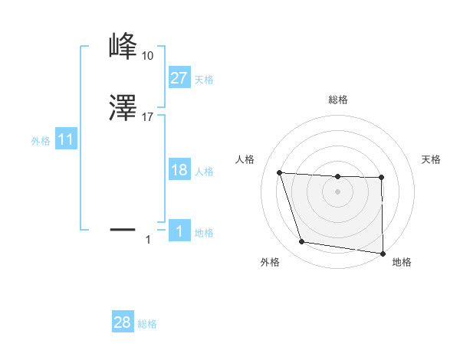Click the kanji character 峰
click(x=124, y=47)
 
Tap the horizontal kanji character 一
click(x=124, y=228)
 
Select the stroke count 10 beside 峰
click(x=147, y=56)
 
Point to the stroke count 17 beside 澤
click(x=147, y=117)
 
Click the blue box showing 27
click(x=179, y=77)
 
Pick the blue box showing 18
click(x=179, y=170)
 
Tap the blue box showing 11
click(x=66, y=139)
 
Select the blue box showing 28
click(x=123, y=322)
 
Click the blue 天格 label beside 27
click(x=204, y=79)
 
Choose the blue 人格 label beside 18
click(x=204, y=172)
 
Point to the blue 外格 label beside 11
click(x=41, y=141)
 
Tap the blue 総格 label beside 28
click(x=147, y=324)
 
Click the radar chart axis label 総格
click(x=338, y=100)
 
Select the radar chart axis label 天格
click(x=432, y=159)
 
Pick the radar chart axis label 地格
click(x=402, y=262)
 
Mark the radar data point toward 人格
click(x=280, y=172)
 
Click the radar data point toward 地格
click(x=383, y=254)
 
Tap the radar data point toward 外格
click(x=302, y=242)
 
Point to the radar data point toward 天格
click(x=382, y=178)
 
